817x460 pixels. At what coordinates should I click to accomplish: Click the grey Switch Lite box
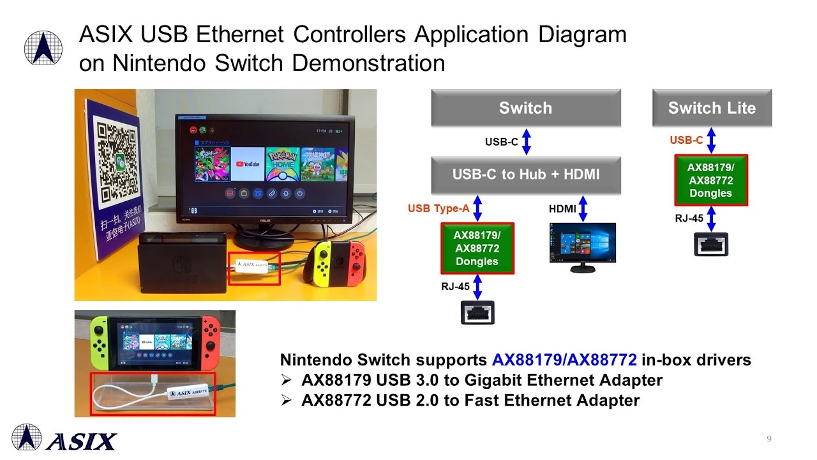point(712,108)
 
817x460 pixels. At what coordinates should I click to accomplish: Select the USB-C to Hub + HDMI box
point(526,174)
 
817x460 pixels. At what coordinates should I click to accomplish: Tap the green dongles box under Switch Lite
point(710,180)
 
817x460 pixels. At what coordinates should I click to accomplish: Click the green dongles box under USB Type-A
point(477,249)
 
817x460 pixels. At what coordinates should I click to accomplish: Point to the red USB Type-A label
point(438,208)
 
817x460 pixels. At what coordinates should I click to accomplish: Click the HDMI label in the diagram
point(562,209)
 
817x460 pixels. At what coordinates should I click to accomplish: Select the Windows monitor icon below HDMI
point(582,247)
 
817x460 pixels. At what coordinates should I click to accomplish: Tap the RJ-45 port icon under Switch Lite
point(711,244)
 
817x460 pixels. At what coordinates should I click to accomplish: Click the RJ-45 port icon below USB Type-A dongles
point(477,312)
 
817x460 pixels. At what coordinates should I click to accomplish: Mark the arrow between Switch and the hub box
point(527,141)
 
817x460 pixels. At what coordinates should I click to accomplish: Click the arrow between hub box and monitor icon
point(583,208)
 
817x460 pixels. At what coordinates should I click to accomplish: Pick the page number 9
point(769,438)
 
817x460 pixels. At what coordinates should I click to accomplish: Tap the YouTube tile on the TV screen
point(248,164)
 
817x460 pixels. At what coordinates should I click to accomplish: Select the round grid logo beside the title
point(43,48)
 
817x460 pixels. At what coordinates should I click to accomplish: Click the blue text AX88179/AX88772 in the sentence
point(564,360)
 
